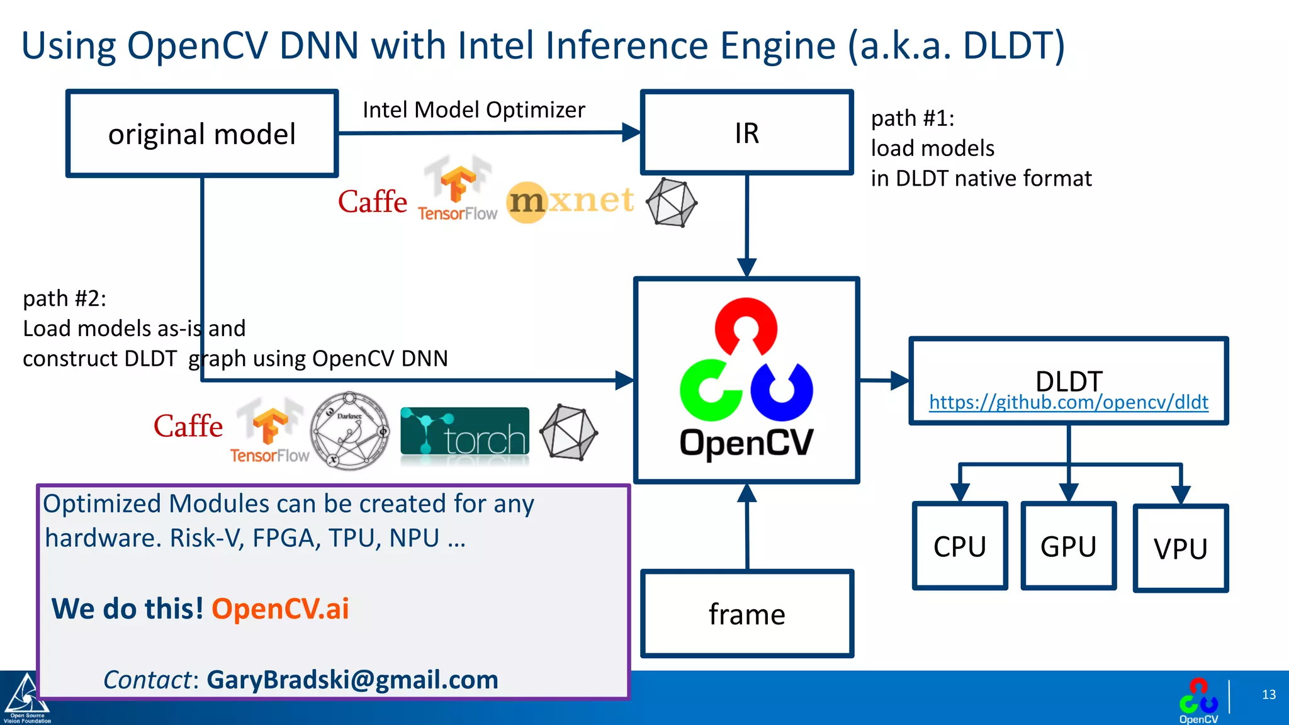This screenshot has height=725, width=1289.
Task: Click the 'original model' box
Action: (x=202, y=133)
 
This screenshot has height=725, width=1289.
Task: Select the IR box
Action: (x=746, y=133)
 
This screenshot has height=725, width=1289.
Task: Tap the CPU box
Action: (x=959, y=546)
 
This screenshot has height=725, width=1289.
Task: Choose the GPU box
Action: (x=1068, y=546)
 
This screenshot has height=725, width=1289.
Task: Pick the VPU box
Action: (x=1180, y=548)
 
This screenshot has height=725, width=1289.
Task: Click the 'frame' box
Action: (x=746, y=614)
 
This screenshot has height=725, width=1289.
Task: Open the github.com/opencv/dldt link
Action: (x=1068, y=402)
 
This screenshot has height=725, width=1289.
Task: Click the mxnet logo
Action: (x=570, y=201)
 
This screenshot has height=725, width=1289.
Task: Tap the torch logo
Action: (x=464, y=432)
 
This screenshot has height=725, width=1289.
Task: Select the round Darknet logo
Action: (x=350, y=431)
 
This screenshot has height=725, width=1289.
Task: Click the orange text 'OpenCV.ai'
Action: (x=280, y=609)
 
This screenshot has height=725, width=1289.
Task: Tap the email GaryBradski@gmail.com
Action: (x=352, y=680)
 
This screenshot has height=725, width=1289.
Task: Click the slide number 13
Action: (x=1268, y=695)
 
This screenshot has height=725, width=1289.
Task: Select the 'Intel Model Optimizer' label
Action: (x=473, y=110)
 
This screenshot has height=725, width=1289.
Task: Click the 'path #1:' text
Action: (x=912, y=118)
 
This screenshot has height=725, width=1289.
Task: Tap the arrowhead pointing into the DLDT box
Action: (x=900, y=380)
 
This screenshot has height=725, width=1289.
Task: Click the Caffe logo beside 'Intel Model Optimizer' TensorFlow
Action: (x=373, y=202)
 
